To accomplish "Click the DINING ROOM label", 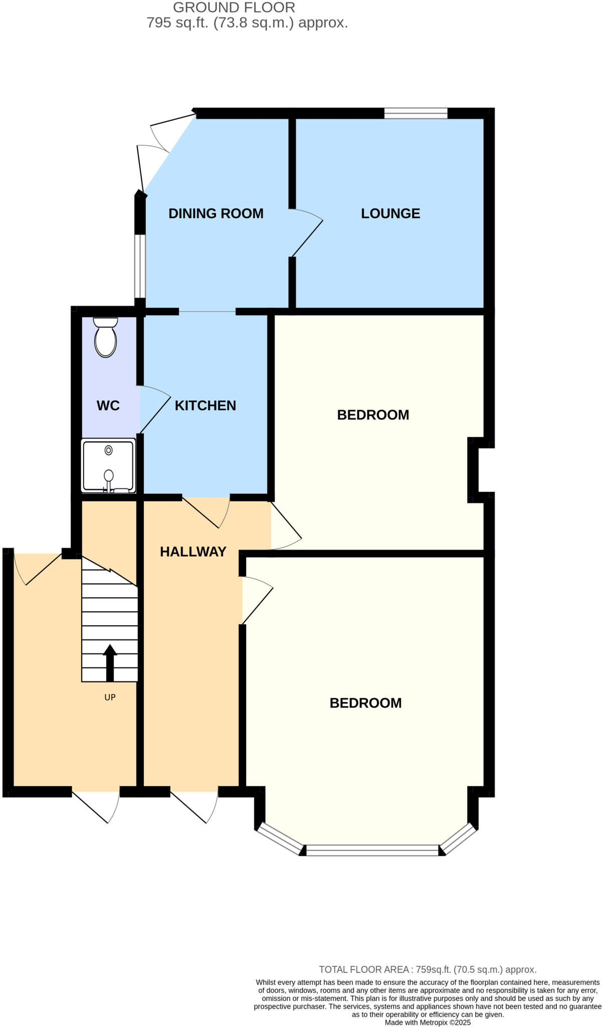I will point(216,213).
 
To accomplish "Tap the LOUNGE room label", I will point(390,213).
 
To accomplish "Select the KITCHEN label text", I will point(205,405).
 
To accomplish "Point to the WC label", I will point(108,405).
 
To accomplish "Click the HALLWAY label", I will point(193,552).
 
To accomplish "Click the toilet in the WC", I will point(105,337).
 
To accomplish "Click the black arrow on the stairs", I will point(110,663).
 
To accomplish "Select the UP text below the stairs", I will point(110,697).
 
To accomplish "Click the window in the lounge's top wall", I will point(416,113).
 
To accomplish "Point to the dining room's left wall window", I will point(140,266).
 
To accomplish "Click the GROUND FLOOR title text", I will point(234,8).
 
